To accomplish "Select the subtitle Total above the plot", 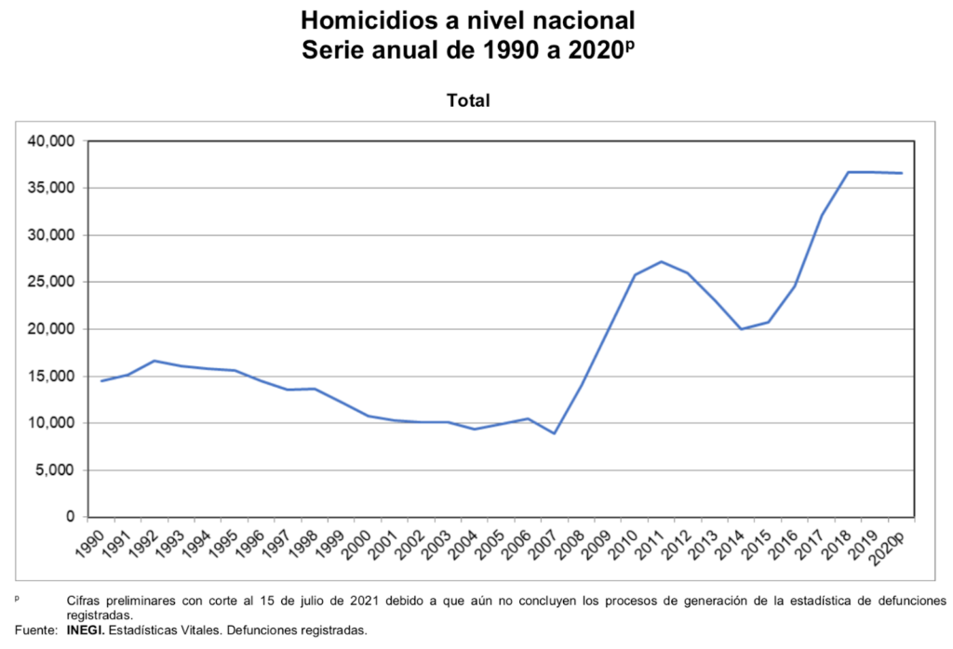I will coord(468,100).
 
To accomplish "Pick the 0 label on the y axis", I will coord(69,517).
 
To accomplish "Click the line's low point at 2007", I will coord(556,433).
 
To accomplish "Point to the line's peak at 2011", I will coord(662,261).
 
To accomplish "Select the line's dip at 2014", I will coord(742,329).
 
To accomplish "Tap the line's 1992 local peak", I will coord(154,361).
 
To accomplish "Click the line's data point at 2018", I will coord(849,172).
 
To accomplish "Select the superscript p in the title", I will coord(629,44).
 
